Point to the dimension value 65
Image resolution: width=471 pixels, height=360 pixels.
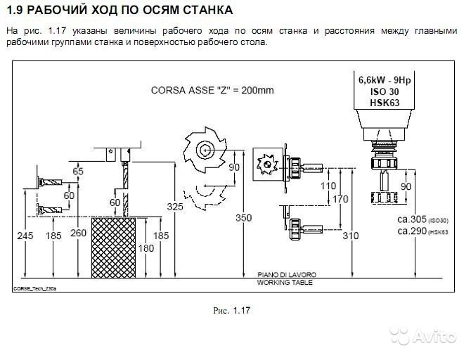pyautogui.click(x=77, y=172)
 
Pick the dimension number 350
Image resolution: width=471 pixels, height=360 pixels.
pyautogui.click(x=243, y=219)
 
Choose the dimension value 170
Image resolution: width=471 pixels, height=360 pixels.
pyautogui.click(x=341, y=199)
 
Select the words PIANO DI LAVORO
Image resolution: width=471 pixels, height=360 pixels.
pyautogui.click(x=281, y=275)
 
